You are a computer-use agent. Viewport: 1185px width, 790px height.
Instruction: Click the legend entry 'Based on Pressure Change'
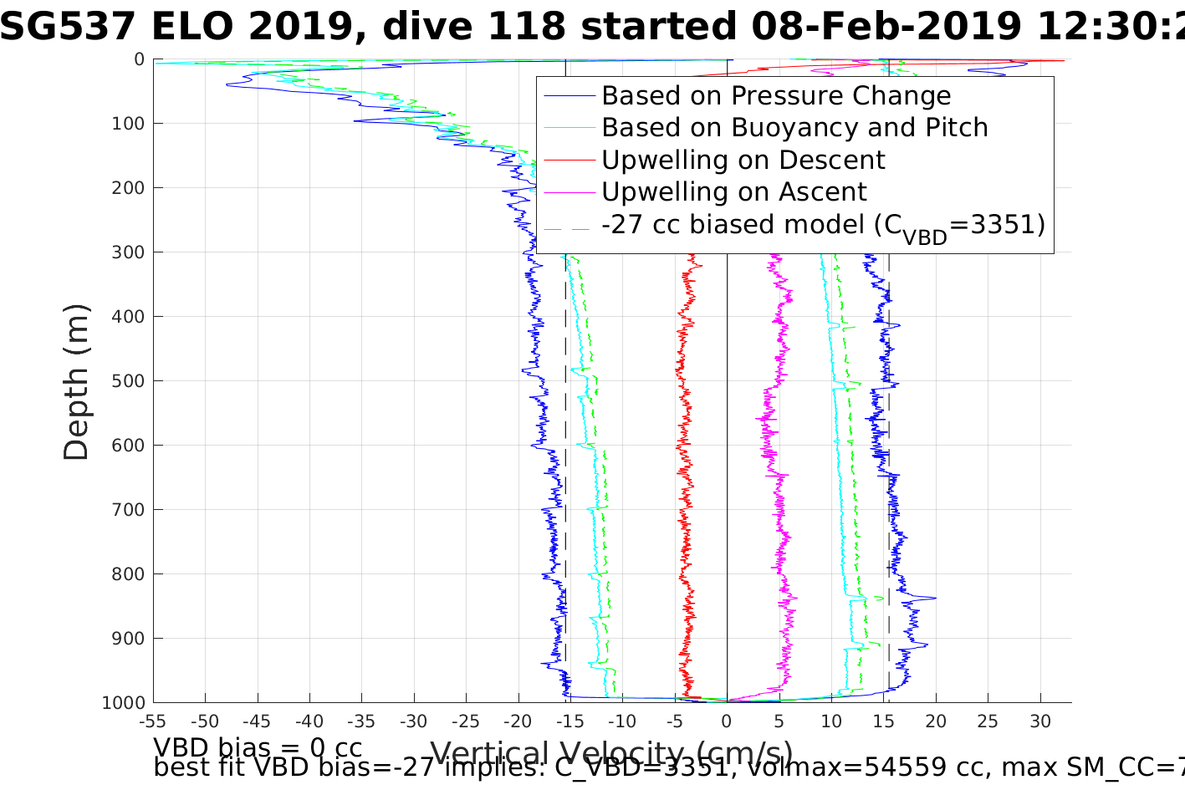pos(776,96)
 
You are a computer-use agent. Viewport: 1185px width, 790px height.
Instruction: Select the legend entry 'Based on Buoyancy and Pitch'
pos(794,128)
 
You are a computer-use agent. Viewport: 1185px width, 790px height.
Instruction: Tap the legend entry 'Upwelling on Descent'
pos(743,161)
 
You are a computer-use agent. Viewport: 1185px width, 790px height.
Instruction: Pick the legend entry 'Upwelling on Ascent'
pos(734,192)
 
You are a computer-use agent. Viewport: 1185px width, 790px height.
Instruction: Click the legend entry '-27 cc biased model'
pos(823,226)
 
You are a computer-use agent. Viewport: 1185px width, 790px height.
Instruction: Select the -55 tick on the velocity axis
pos(153,721)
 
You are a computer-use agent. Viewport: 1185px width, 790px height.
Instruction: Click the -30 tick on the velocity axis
pos(414,721)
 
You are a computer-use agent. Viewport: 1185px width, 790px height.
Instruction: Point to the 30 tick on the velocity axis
pos(1040,721)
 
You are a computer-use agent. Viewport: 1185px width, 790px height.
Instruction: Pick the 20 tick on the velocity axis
pos(936,721)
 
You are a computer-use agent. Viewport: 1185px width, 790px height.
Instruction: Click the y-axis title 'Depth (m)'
pos(76,381)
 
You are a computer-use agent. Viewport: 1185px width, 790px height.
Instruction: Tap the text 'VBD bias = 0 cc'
pos(258,747)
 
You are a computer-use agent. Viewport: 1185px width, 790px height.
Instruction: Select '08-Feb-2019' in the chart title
pos(886,27)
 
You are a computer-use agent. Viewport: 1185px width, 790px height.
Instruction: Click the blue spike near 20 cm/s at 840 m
pos(933,598)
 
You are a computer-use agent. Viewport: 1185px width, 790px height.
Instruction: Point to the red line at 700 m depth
pos(686,509)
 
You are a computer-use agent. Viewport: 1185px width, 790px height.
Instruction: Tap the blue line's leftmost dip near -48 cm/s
pos(227,84)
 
